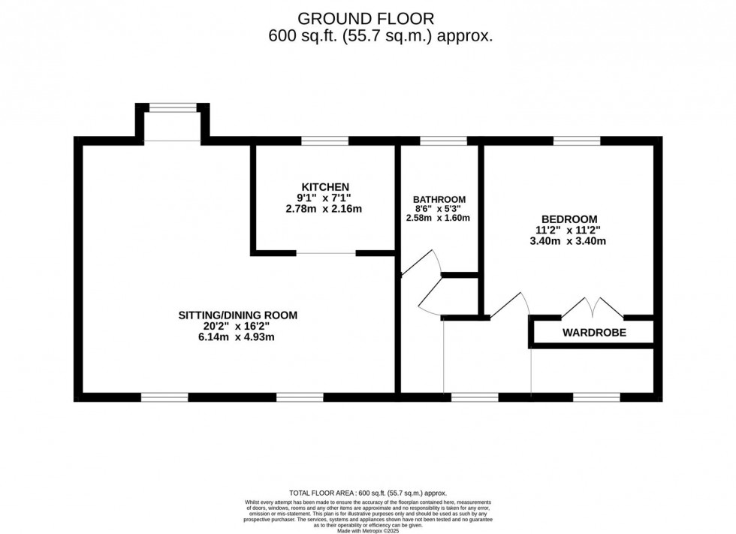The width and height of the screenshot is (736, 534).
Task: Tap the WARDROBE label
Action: pos(594,332)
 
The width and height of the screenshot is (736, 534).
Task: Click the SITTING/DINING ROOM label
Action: pos(237,315)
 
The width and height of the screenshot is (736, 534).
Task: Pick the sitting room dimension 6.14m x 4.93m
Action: pos(237,337)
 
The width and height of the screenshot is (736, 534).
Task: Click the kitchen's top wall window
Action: pos(324,140)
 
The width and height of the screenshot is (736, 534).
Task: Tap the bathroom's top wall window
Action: pos(443,140)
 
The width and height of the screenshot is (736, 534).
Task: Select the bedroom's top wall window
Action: pos(577,140)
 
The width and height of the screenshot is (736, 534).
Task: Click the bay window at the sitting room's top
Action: pos(172,108)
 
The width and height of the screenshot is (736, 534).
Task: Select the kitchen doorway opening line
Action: pos(326,253)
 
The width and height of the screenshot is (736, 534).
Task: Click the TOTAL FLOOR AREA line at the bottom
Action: pos(367,493)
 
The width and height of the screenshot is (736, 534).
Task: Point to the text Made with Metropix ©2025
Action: pos(367,530)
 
